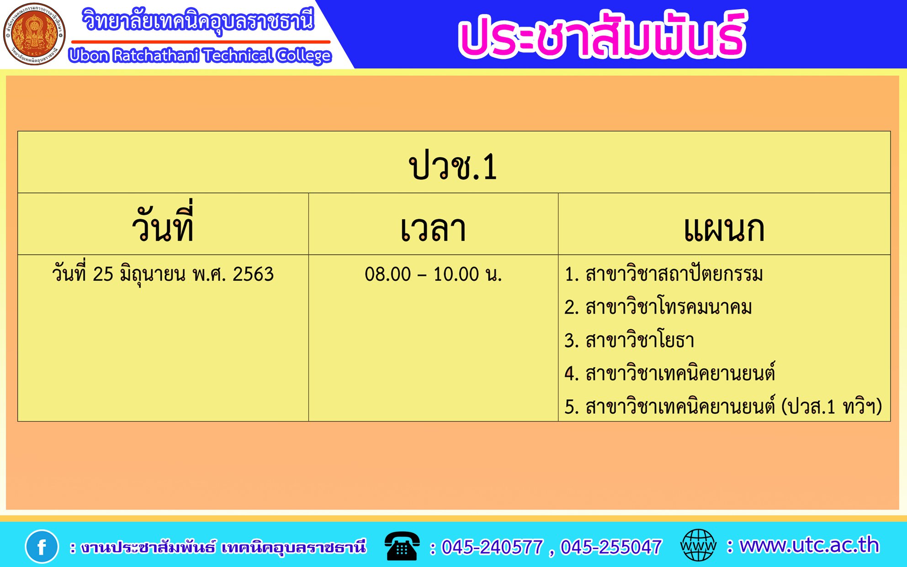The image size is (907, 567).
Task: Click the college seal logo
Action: (x=34, y=34)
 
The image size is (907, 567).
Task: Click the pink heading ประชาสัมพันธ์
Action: (x=602, y=35)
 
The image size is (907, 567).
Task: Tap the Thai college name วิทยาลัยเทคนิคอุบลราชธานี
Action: (x=198, y=21)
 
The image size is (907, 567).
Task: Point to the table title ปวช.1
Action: (x=453, y=166)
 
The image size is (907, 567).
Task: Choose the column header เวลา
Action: (x=433, y=229)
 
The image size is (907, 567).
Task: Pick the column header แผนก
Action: (x=724, y=229)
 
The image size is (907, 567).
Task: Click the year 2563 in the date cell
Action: (x=253, y=274)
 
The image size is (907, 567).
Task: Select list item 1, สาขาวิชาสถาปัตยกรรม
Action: (x=663, y=274)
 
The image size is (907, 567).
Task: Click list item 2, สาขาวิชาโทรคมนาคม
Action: (x=658, y=307)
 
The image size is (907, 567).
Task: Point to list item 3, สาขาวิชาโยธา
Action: (x=629, y=340)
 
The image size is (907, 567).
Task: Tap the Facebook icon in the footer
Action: (x=42, y=546)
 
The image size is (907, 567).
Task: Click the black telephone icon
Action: (x=402, y=546)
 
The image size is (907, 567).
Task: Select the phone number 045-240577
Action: (x=492, y=547)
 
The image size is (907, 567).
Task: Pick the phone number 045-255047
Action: (x=611, y=547)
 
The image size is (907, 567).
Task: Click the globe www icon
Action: (x=698, y=545)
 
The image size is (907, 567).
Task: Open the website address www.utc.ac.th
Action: (x=809, y=545)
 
